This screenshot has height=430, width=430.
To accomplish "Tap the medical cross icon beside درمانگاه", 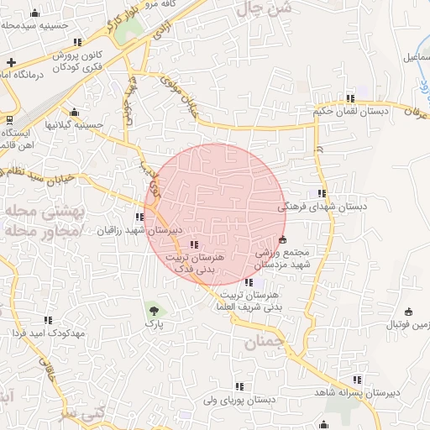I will (11, 63).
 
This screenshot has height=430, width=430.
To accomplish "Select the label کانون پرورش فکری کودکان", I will (84, 60).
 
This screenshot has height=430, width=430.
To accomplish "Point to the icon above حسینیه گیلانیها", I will (74, 113).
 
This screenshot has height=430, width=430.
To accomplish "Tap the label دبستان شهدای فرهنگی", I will (323, 206).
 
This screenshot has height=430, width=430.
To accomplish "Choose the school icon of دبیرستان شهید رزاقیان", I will (139, 218).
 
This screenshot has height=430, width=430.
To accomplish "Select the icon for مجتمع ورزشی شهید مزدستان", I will (281, 240).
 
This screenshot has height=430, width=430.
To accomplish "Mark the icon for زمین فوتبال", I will (409, 312).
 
